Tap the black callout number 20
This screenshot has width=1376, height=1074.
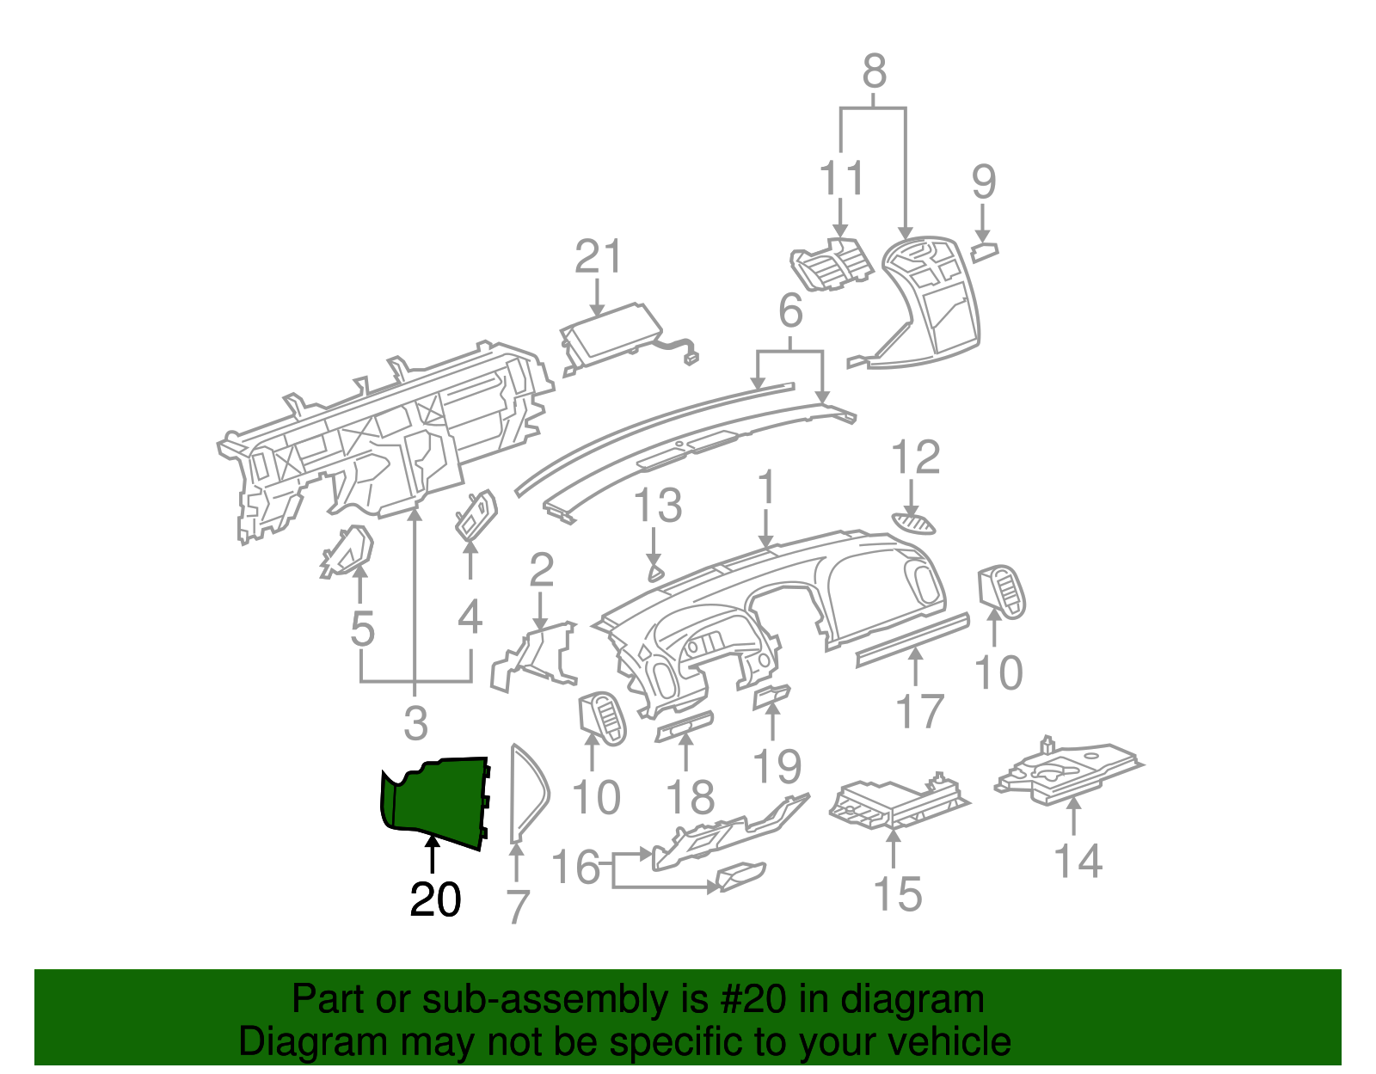pos(435,900)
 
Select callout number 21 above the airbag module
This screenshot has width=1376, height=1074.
pos(598,257)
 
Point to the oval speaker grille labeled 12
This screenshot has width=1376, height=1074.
pos(913,523)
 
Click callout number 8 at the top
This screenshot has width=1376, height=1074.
pos(874,71)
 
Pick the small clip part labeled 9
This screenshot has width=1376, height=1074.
pos(984,252)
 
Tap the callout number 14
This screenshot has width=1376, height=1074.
pos(1078,862)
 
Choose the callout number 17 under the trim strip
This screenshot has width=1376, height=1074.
pos(919,711)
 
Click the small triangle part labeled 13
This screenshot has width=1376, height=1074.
pos(655,572)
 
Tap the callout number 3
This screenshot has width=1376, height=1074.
pos(415,722)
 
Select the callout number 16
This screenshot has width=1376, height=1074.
pos(574,867)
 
